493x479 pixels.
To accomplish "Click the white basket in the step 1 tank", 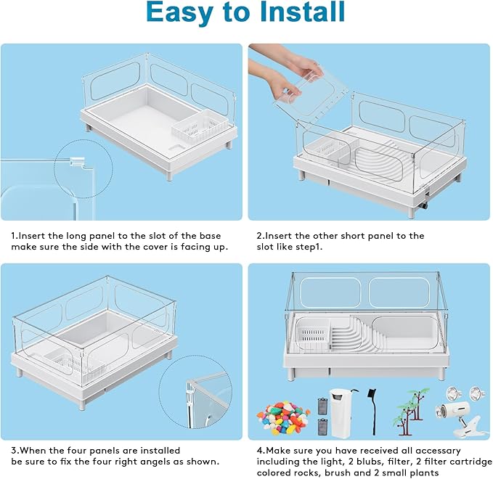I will pyautogui.click(x=198, y=128).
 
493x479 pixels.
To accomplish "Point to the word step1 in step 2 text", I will pyautogui.click(x=305, y=247).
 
